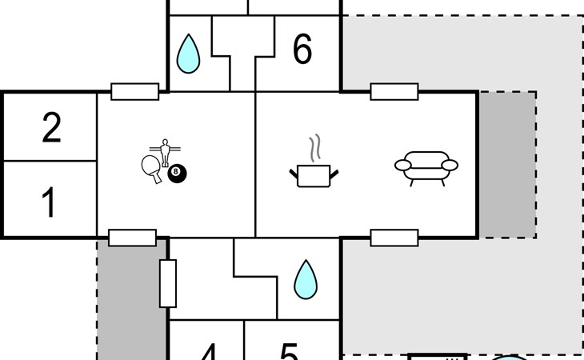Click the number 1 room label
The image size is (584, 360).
coord(49,203)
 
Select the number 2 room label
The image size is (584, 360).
coord(51,129)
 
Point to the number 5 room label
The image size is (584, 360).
coord(289,352)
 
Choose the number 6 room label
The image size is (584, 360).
coord(302,50)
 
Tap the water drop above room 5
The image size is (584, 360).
coord(305,279)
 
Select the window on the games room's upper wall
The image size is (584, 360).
coord(134,91)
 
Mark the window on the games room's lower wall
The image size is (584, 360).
coord(132,238)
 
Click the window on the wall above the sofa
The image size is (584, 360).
coord(394,91)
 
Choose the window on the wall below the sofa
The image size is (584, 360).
coord(394,238)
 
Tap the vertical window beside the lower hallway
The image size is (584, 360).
coord(168,283)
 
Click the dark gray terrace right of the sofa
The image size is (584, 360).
coord(507,164)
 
